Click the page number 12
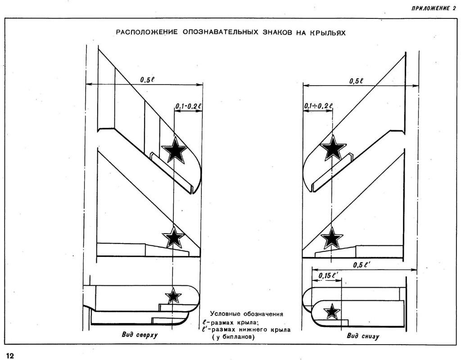[10, 355]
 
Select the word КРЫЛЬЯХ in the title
[326, 33]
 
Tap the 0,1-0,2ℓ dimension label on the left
[189, 106]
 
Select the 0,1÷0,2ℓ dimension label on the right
[318, 106]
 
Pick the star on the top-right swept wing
[333, 148]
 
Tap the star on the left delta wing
[173, 237]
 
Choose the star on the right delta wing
[332, 238]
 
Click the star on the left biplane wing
[173, 296]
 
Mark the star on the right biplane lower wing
[332, 311]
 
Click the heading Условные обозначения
[247, 314]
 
